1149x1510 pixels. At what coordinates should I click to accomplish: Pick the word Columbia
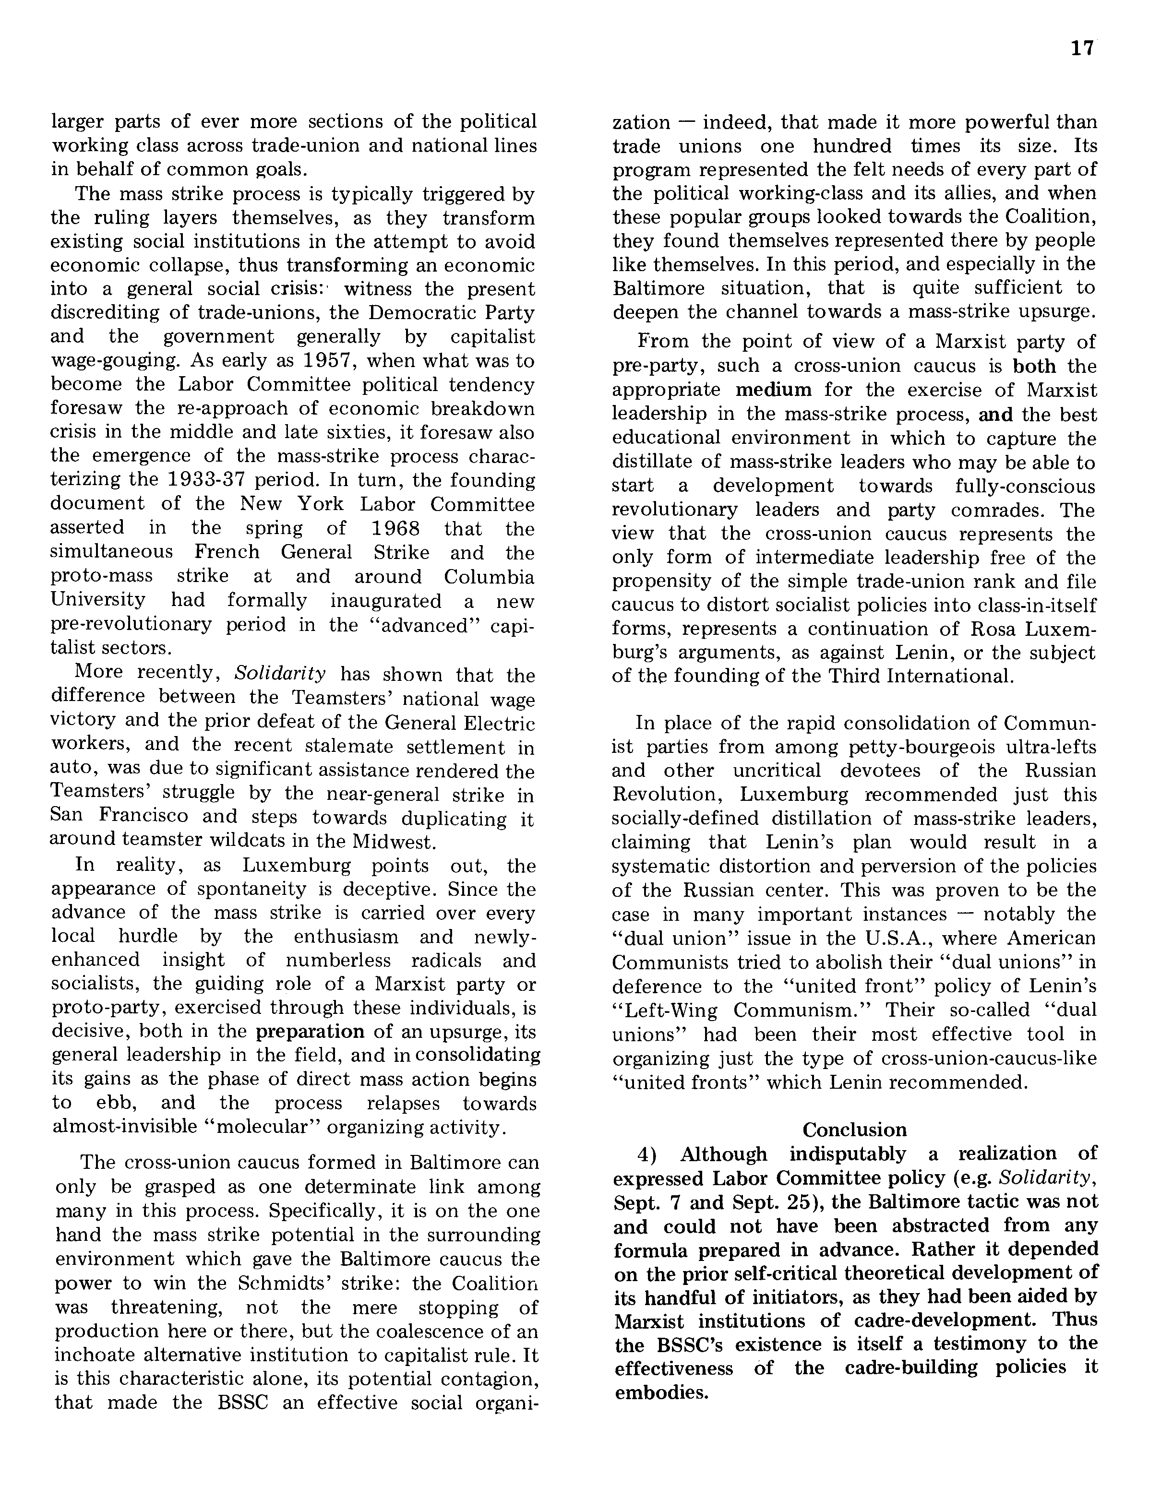[489, 576]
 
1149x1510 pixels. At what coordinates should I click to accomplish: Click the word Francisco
[168, 816]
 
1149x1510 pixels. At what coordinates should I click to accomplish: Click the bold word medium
[774, 390]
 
